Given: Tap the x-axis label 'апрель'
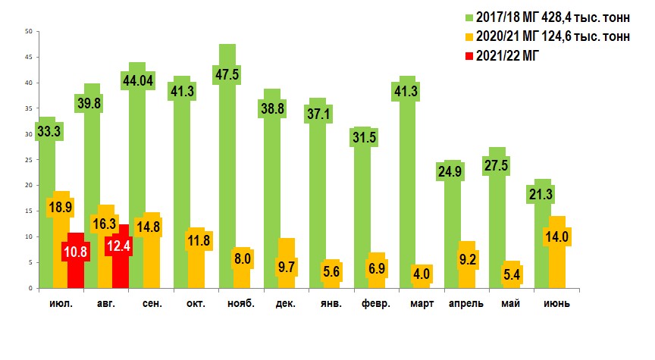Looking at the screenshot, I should coord(466,305).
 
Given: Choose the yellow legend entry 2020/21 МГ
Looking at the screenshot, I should coord(546,37).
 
